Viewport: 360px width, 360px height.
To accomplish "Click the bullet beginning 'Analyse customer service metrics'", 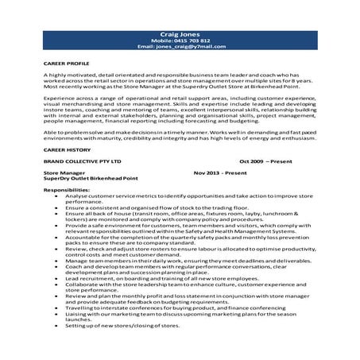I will coord(183,198).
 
